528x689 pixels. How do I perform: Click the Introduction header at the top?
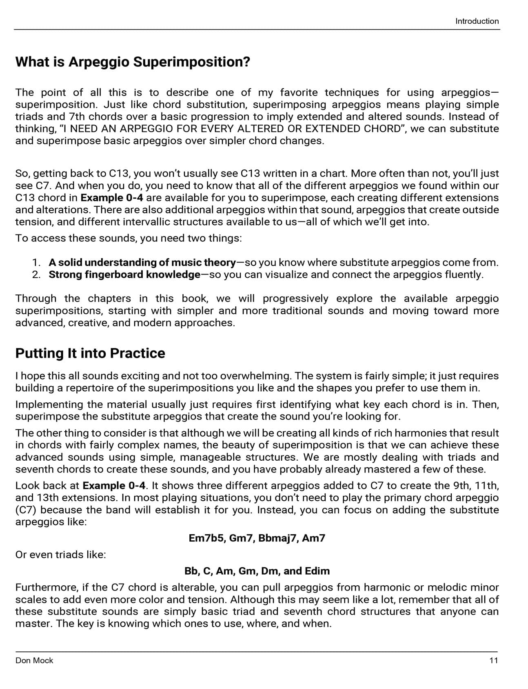[477, 21]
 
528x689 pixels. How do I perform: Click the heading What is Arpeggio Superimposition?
[133, 62]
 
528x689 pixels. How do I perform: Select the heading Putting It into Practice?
[90, 353]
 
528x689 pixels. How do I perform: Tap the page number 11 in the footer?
[493, 660]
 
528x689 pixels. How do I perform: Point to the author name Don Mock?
[34, 660]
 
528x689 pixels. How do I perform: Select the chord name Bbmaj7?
[277, 538]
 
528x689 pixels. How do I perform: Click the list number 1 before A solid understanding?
[36, 262]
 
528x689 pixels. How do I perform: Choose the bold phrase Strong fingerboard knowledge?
[124, 274]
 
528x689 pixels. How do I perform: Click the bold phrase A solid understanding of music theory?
[142, 262]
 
